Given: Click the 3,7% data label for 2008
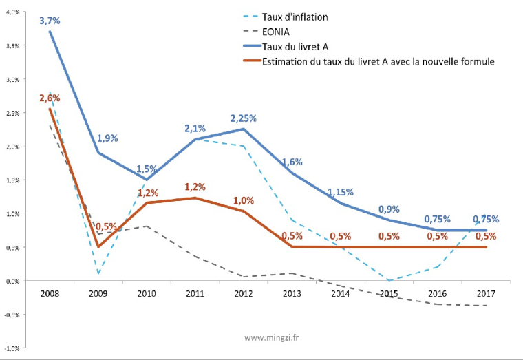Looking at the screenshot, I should click(49, 21).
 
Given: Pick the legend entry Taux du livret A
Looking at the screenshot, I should click(296, 47).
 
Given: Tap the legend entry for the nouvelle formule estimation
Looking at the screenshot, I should click(378, 62).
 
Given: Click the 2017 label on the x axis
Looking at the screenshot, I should click(485, 293).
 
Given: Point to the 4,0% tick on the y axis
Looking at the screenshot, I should click(12, 12).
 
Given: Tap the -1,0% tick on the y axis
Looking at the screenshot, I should click(12, 348).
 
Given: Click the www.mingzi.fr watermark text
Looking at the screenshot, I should click(277, 338).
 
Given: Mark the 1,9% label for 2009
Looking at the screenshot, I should click(107, 138).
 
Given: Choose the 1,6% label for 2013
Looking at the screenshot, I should click(292, 162).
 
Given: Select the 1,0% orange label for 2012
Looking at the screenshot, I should click(244, 200).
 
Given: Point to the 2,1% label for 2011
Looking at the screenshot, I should click(195, 129).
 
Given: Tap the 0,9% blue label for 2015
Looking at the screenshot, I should click(389, 209).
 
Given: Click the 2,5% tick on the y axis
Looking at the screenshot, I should click(12, 113).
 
